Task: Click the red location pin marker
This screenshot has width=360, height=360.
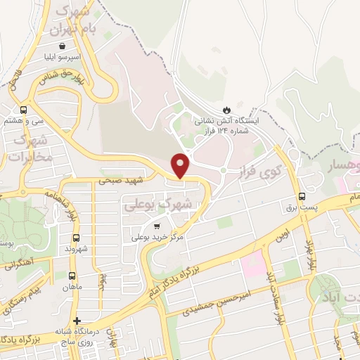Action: pos(181,165)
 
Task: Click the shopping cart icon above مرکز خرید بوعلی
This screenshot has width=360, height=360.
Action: pos(156,226)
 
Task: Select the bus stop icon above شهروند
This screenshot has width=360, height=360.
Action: pos(76,238)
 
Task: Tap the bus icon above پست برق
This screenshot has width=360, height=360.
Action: pos(302,196)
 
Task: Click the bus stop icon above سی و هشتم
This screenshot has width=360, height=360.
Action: pos(24,110)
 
